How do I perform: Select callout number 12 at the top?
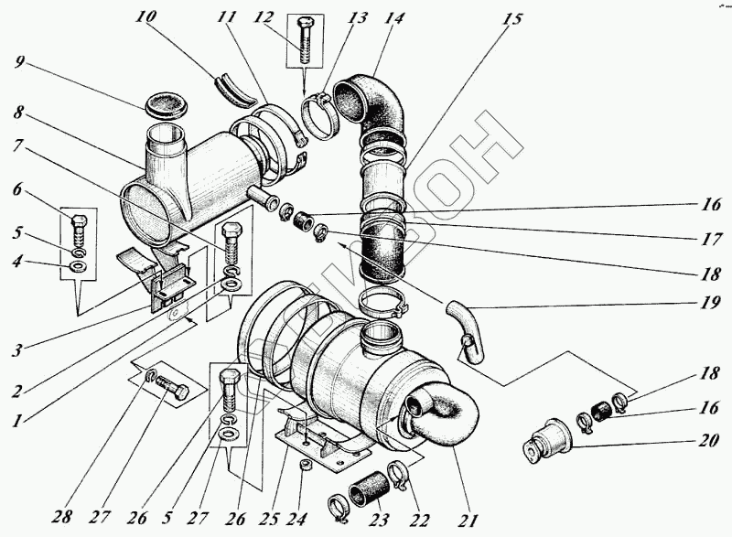click(264, 19)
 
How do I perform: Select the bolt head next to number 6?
click(79, 220)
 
